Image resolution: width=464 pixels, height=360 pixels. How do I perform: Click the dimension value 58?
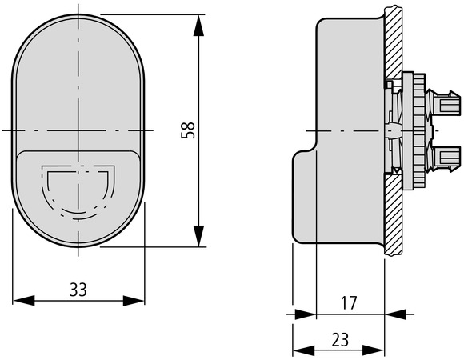pos(188,130)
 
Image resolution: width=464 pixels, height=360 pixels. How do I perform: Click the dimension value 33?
pos(78,290)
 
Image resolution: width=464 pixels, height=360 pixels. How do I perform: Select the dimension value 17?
pos(349,303)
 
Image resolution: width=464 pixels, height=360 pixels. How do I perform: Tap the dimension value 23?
pos(340,340)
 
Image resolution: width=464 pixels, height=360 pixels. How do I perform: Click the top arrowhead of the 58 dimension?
pos(198,26)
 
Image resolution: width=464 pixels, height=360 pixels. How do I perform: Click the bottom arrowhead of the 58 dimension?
pos(198,236)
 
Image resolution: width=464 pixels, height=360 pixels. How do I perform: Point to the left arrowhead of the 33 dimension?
pos(24,301)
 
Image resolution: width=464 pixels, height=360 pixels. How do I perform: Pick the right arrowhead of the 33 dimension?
pos(134,301)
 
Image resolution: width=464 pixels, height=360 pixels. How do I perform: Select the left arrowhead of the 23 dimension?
pos(304,351)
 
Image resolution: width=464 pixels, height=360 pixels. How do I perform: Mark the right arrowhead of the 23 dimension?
pos(373,351)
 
